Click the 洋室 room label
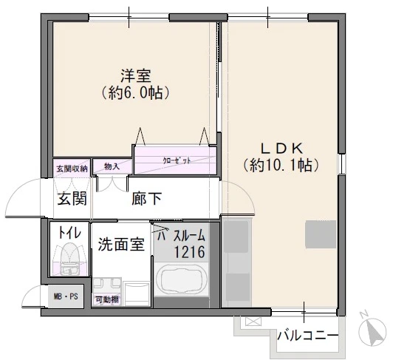point(135,76)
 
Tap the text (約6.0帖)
point(135,94)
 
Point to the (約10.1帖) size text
point(280,165)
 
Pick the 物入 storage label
point(112,167)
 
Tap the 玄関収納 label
point(71,169)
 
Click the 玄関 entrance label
point(72,199)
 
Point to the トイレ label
point(69,231)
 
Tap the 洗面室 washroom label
point(120,244)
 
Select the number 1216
point(189,253)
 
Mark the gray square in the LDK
point(321,236)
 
